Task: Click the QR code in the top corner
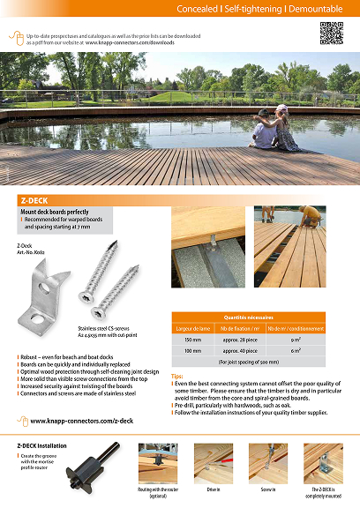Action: (331, 33)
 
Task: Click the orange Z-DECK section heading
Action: (35, 200)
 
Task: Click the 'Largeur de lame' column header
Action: (192, 327)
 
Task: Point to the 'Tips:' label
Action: (177, 377)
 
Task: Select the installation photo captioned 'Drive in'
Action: (214, 461)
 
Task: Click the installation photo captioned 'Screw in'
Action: (268, 461)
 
